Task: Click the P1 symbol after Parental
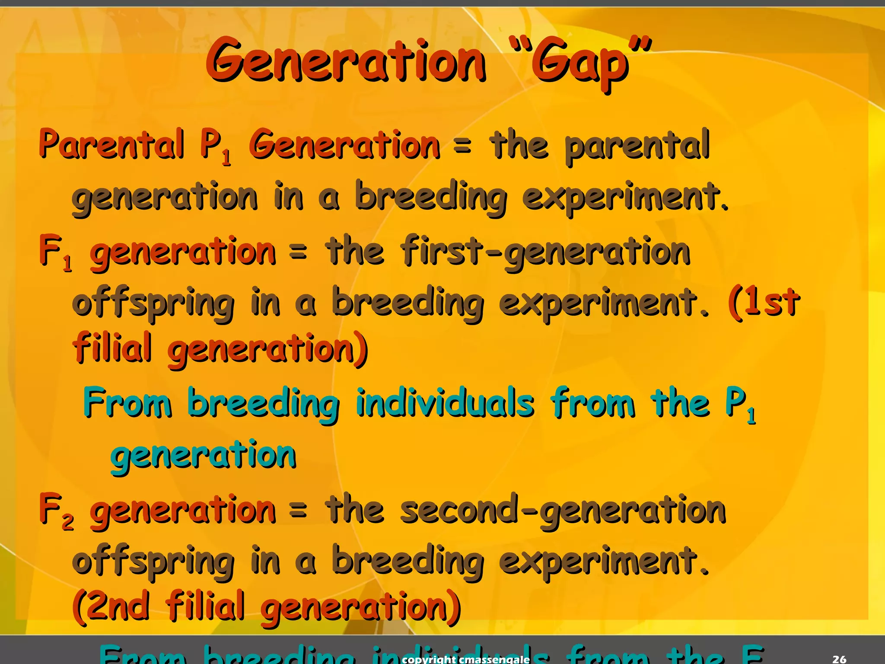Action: coord(215,147)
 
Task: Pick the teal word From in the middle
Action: coord(127,403)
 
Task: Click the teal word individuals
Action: coord(445,403)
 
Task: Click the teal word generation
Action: coord(203,456)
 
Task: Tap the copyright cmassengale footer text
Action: coord(465,659)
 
